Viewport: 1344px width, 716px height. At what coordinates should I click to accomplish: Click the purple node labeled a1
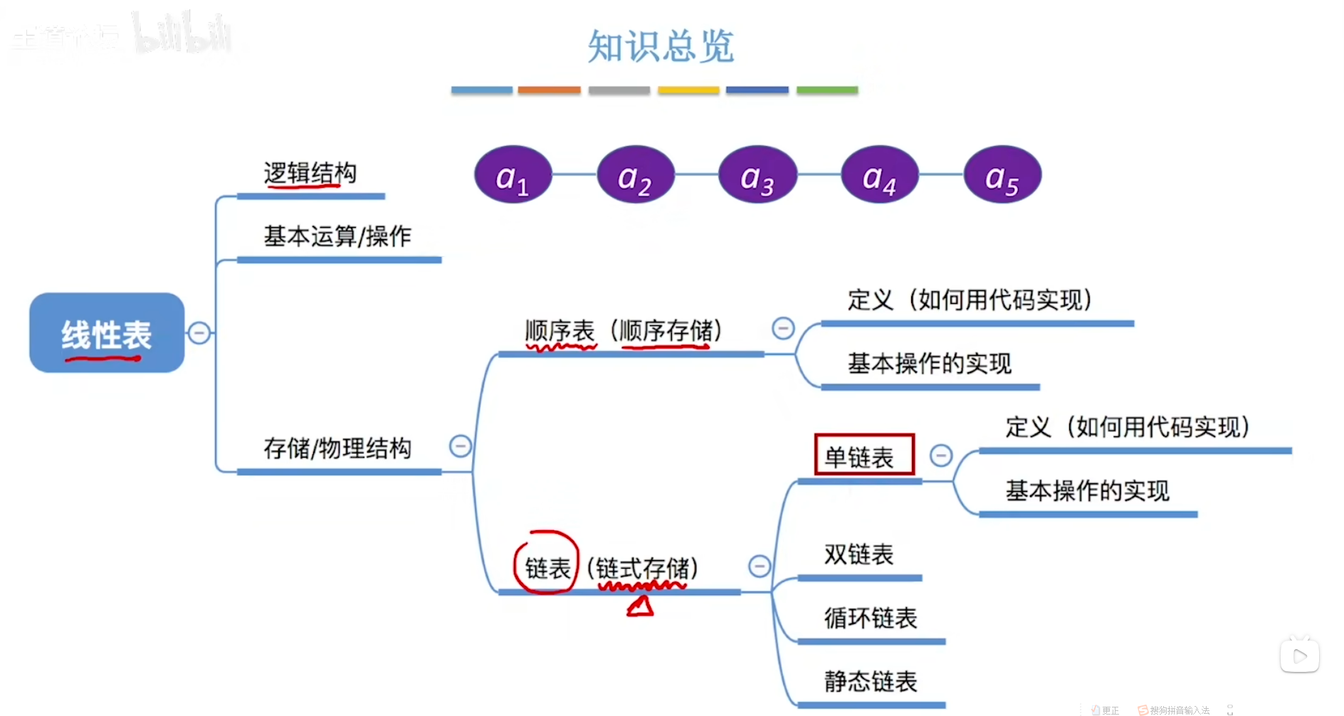pos(513,175)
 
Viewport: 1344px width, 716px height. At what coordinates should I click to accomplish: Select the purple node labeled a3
pos(757,175)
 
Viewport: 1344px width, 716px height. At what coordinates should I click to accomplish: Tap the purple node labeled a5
pos(1002,175)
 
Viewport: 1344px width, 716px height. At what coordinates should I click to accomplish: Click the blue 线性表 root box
pos(107,333)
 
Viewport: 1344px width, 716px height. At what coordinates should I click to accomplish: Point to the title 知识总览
pos(661,47)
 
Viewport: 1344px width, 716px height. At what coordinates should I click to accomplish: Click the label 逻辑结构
pos(310,173)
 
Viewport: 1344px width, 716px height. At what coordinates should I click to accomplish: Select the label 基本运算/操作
pos(337,236)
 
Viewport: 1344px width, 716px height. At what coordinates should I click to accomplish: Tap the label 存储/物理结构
pos(337,448)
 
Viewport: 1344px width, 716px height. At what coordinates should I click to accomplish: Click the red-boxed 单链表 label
pos(863,456)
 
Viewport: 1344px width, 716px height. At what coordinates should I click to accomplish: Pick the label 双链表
pos(859,554)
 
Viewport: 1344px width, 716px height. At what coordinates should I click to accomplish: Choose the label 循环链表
pos(871,618)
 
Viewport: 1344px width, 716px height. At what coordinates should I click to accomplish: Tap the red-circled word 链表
pos(547,567)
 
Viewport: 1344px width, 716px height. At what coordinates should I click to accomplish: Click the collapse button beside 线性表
pos(199,332)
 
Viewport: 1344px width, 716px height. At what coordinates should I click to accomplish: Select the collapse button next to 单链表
pos(941,456)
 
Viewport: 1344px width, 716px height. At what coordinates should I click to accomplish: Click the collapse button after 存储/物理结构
pos(461,446)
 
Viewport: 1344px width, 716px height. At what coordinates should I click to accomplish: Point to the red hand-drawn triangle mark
pos(641,606)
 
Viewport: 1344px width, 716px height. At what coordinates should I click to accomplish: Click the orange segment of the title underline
pos(549,90)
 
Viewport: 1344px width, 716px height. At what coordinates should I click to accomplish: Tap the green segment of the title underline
pos(827,90)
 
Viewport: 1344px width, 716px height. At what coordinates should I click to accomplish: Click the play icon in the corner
pos(1299,656)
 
